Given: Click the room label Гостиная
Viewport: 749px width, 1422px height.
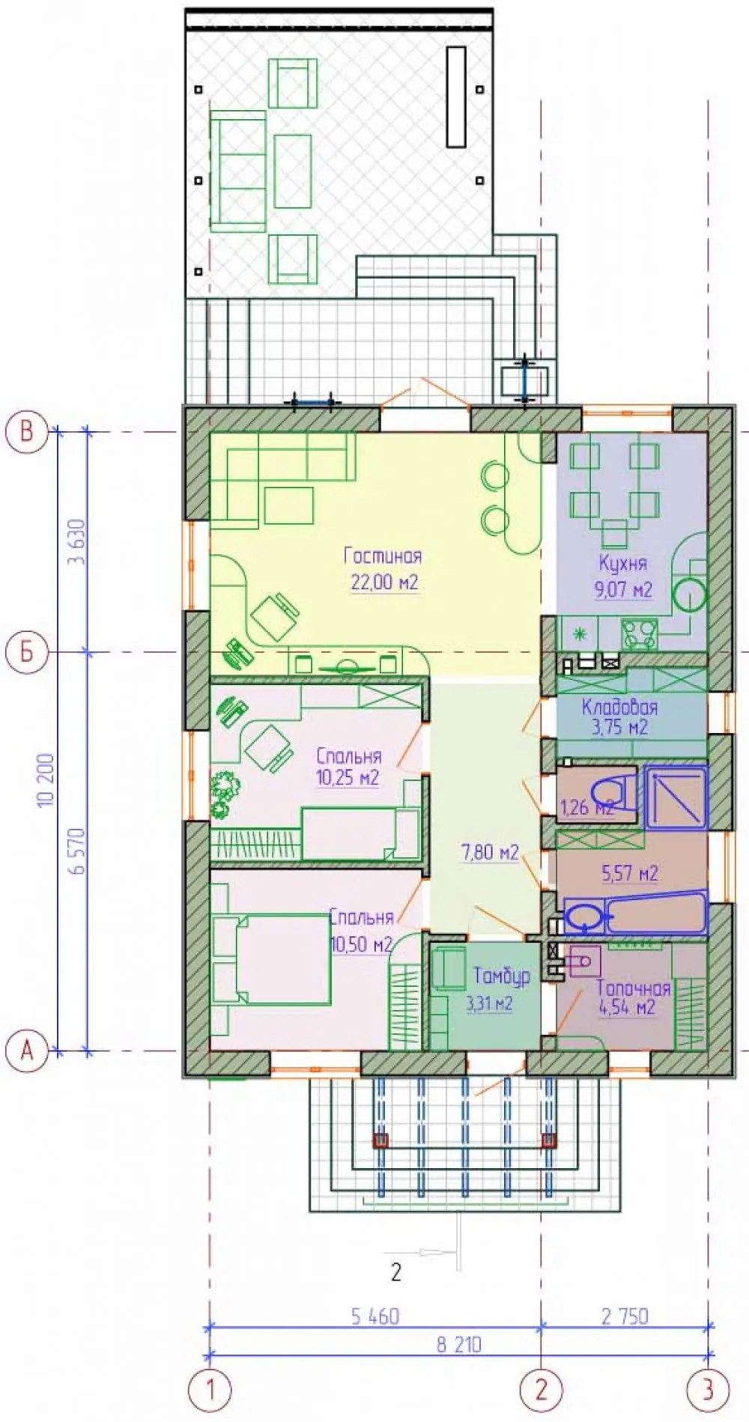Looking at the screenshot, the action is (x=383, y=556).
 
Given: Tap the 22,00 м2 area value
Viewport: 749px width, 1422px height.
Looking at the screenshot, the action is (x=384, y=582).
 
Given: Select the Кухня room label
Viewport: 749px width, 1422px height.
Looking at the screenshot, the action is (x=622, y=563).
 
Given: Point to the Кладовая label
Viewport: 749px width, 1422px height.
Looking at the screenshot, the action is (x=619, y=707).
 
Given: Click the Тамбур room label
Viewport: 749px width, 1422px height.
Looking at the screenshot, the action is (x=502, y=976).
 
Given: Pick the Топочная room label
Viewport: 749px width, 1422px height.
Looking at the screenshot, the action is (x=633, y=988).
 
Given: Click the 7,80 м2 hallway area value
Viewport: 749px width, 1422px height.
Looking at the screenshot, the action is (x=490, y=852).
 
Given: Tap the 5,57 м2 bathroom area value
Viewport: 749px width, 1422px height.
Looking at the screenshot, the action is (x=630, y=873).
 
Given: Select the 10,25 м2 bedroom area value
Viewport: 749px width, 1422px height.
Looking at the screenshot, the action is (x=348, y=778).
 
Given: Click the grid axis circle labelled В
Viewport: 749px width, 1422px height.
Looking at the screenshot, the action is (x=27, y=432).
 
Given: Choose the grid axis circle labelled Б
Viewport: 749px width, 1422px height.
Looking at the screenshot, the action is (x=27, y=652).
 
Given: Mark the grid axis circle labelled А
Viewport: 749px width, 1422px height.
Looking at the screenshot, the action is (x=27, y=1051).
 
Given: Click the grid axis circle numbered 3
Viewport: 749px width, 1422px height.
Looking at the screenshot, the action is (x=708, y=1391).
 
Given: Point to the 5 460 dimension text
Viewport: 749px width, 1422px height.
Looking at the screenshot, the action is (x=374, y=1316).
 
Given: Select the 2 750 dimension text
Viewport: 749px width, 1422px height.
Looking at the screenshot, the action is (x=625, y=1316).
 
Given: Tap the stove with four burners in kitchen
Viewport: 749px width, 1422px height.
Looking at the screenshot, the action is (x=639, y=634).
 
